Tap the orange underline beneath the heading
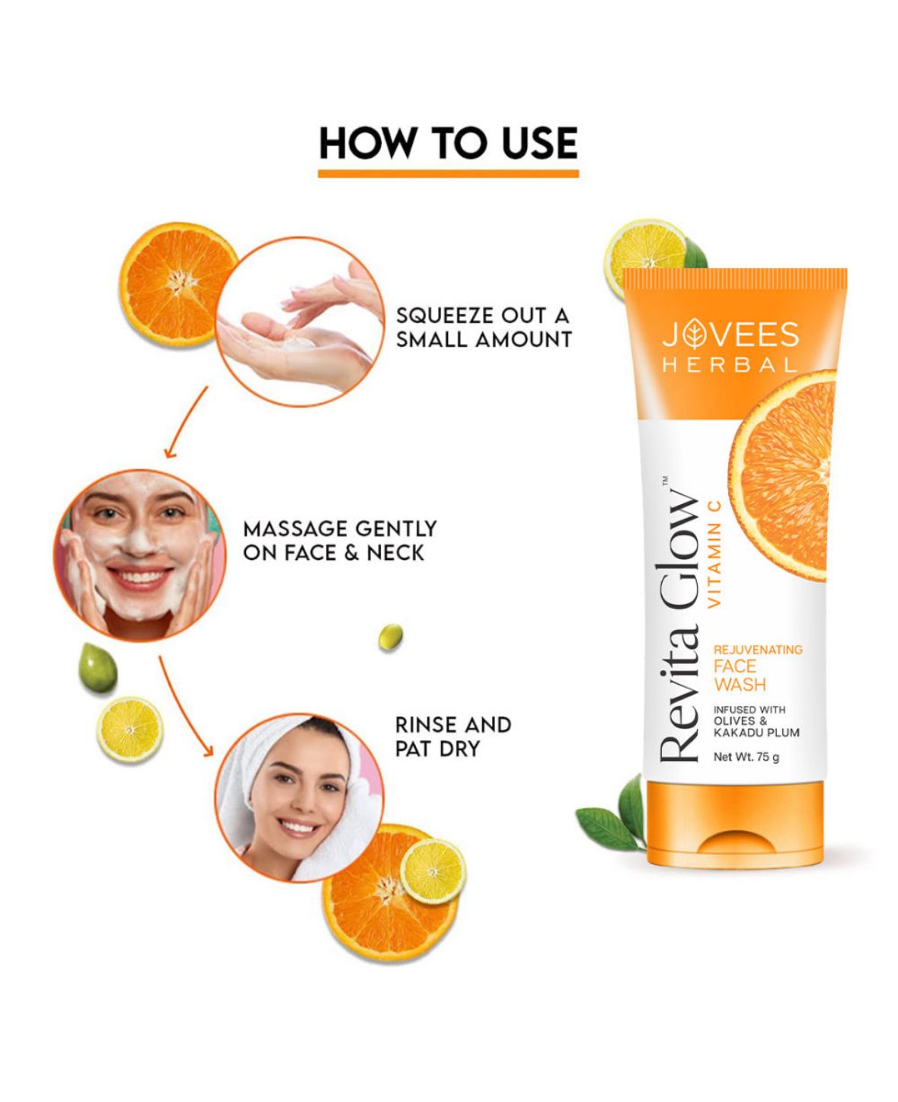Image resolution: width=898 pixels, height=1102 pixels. tap(448, 174)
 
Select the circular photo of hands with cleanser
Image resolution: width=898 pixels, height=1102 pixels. tap(300, 322)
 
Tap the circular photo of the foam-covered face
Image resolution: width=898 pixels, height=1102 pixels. tap(140, 556)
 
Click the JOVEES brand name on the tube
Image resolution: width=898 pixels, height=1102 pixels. tap(730, 335)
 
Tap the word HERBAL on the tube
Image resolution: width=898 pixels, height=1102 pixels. tap(730, 366)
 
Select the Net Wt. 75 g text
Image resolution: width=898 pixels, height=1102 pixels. tap(746, 757)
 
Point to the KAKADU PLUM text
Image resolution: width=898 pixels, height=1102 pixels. tap(756, 733)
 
